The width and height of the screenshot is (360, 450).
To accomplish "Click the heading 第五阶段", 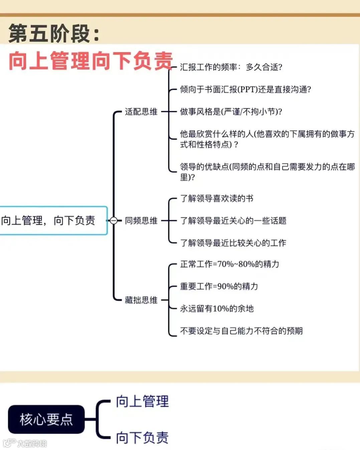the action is [53, 34].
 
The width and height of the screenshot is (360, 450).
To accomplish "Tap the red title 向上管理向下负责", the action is [90, 61].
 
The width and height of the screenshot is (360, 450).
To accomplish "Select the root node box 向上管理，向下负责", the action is [52, 220].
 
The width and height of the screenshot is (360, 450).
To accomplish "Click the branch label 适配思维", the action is [141, 112].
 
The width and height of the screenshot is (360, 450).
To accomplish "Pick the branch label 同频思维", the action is [141, 220].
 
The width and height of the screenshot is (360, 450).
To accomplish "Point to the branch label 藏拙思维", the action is [141, 300].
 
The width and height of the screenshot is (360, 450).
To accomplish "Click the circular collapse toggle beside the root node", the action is [114, 220].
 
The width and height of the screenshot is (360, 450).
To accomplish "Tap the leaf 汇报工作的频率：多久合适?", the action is [231, 67].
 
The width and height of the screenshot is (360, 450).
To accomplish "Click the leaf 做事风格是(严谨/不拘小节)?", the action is [231, 112].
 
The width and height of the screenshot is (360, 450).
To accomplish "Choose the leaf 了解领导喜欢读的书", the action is [217, 198].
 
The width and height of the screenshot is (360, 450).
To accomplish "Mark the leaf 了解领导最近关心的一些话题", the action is [233, 220].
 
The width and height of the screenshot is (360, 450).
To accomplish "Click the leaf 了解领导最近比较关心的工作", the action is [233, 243].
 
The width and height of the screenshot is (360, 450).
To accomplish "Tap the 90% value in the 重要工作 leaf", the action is [225, 286].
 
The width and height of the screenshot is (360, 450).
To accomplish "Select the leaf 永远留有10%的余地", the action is [217, 309].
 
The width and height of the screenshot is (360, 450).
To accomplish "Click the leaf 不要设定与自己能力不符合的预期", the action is [241, 331].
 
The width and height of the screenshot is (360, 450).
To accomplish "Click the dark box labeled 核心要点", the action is [46, 419].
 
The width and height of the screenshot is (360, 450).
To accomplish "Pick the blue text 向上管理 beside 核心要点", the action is [142, 401].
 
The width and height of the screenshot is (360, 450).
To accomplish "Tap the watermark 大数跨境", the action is [32, 443].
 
